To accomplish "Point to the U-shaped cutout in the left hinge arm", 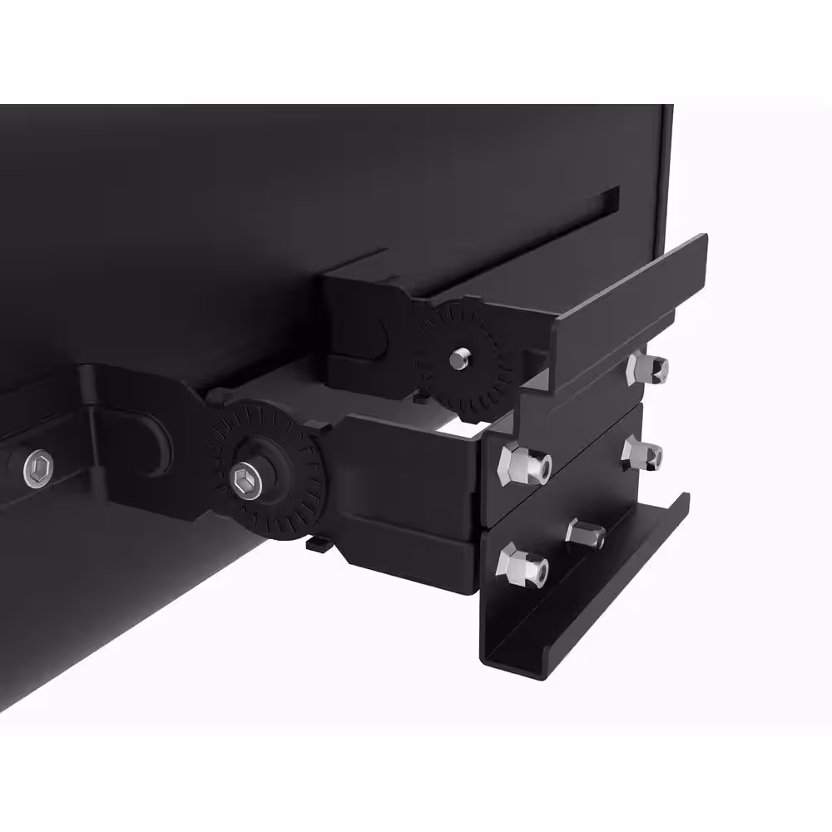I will [156, 439].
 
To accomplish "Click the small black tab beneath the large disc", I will [316, 544].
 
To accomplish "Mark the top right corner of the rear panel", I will [671, 106].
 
